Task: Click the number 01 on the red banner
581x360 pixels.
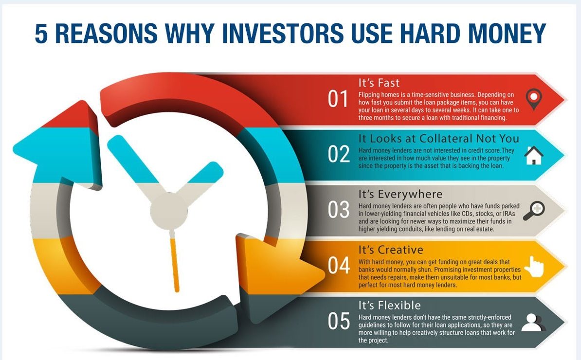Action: (338, 99)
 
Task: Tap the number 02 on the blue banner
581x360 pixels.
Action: (339, 154)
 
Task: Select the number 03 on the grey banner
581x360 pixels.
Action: (339, 210)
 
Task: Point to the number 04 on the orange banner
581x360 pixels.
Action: (339, 265)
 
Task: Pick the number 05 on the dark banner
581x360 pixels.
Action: (339, 321)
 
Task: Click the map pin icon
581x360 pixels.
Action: (534, 99)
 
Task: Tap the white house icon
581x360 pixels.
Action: (534, 155)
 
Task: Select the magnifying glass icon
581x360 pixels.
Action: (534, 211)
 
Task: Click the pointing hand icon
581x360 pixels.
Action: (534, 266)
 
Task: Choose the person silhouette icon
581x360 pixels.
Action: (533, 322)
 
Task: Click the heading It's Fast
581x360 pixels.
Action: (379, 83)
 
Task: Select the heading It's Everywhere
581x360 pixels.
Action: (400, 195)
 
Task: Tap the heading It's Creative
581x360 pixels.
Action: (391, 250)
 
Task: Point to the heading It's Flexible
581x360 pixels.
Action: (389, 305)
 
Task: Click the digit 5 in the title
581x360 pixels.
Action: (41, 34)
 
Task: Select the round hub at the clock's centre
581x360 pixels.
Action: (169, 211)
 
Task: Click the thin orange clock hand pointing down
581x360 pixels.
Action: (175, 261)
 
